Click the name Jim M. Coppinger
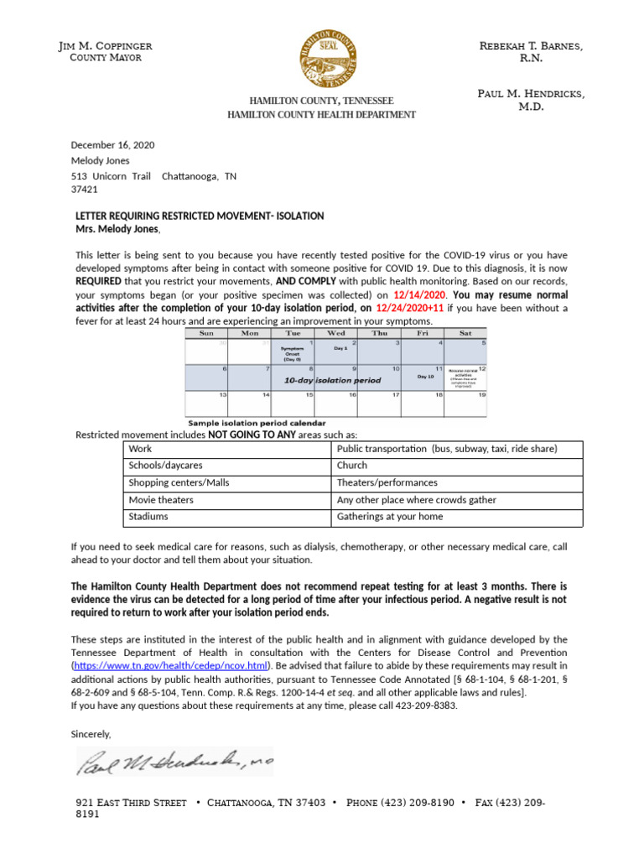(x=106, y=45)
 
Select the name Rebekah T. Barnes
(x=542, y=45)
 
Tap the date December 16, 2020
(x=112, y=145)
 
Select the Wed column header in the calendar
(x=335, y=333)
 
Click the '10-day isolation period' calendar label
(x=332, y=380)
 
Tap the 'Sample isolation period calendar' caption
(x=257, y=423)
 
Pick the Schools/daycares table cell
(x=165, y=465)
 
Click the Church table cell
(x=351, y=465)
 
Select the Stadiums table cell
(x=148, y=517)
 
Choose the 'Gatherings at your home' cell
(x=390, y=517)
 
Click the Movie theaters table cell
(x=161, y=500)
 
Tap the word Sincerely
(x=91, y=734)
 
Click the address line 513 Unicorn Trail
(x=111, y=176)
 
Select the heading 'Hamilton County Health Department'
(x=322, y=114)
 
